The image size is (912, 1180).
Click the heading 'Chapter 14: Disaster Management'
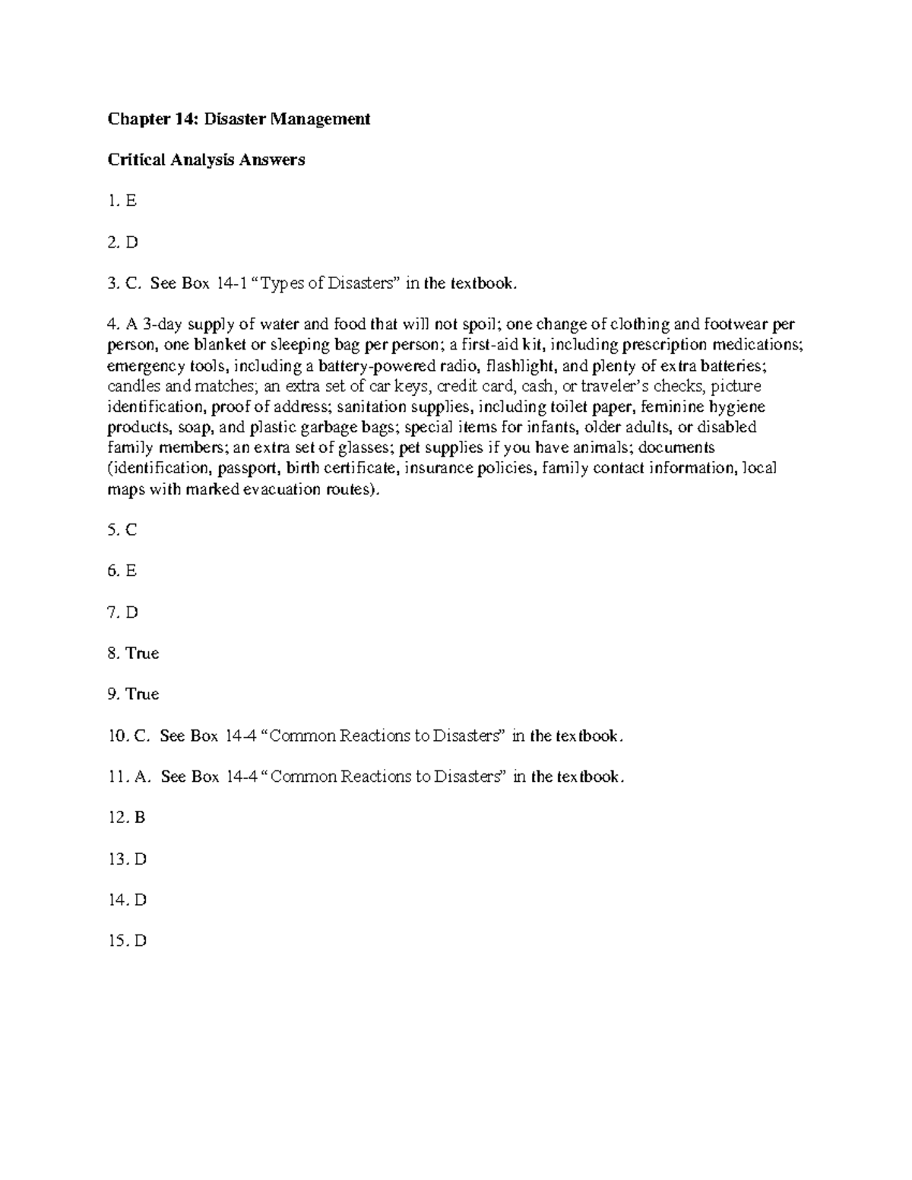(x=239, y=119)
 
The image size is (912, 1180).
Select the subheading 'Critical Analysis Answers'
(x=206, y=160)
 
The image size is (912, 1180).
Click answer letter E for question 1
(x=131, y=201)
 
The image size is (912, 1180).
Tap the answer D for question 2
(x=132, y=242)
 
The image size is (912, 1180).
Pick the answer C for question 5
(x=131, y=530)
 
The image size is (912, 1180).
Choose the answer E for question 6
(x=131, y=571)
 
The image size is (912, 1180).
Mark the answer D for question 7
(x=132, y=612)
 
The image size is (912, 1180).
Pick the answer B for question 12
(x=139, y=818)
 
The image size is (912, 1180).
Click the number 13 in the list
(x=116, y=859)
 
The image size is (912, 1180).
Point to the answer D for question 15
(x=140, y=941)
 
